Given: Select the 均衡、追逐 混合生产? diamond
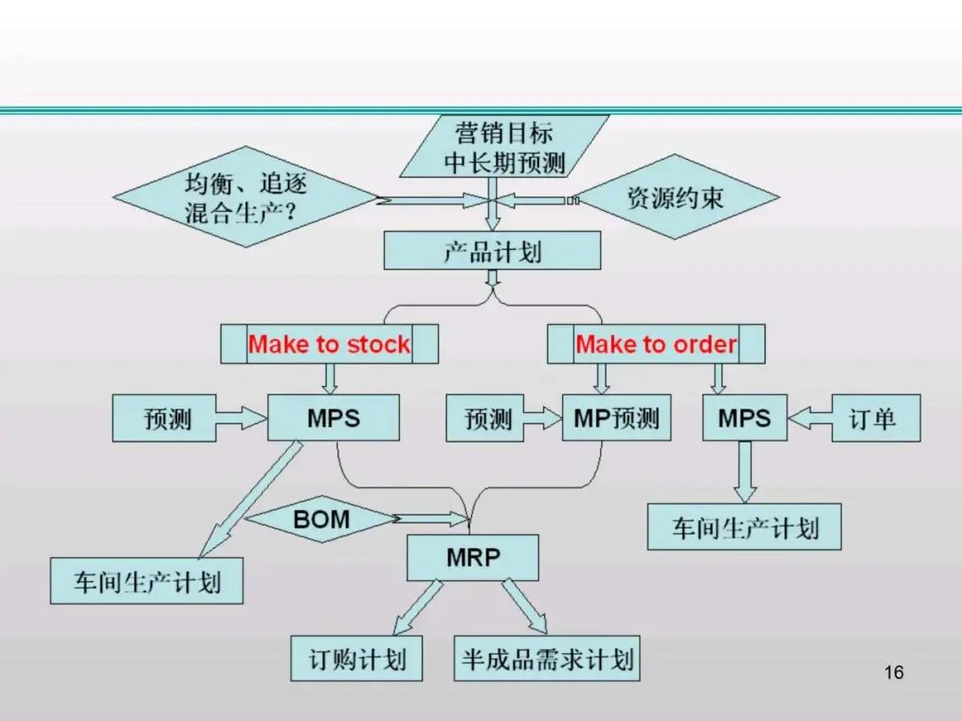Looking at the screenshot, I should click(x=246, y=198).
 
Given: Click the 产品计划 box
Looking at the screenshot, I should click(x=492, y=251).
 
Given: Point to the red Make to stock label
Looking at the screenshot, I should click(x=330, y=344).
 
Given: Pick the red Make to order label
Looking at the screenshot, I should click(x=656, y=344).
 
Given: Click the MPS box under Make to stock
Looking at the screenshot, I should click(x=332, y=418).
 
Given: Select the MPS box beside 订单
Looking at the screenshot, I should click(x=745, y=418).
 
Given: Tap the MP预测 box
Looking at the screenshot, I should click(x=616, y=418).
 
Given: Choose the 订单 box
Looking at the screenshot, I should click(x=876, y=418).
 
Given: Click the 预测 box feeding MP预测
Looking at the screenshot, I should click(x=489, y=418).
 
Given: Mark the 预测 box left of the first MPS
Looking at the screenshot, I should click(x=167, y=418).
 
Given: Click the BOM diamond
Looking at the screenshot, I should click(x=322, y=519).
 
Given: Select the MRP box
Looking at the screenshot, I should click(x=472, y=558).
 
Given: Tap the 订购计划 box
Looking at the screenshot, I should click(x=357, y=659).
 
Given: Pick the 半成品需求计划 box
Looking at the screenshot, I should click(x=547, y=659).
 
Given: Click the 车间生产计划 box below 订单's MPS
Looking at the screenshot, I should click(x=744, y=527).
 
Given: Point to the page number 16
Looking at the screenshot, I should click(x=894, y=672).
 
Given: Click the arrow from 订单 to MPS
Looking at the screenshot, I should click(x=810, y=417).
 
